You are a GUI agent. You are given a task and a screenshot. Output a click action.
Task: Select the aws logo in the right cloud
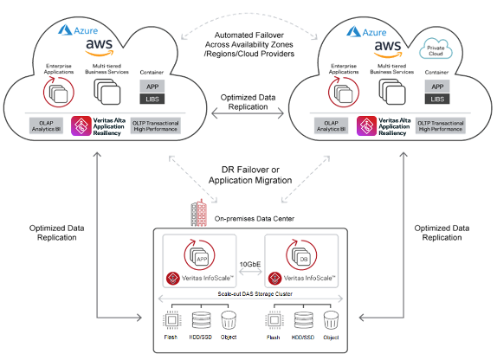(x=385, y=48)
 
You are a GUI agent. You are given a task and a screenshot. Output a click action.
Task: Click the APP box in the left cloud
(x=152, y=87)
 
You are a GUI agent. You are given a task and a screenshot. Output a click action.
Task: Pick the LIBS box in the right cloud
(x=439, y=100)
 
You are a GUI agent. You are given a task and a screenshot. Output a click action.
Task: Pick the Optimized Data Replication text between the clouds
(x=248, y=103)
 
